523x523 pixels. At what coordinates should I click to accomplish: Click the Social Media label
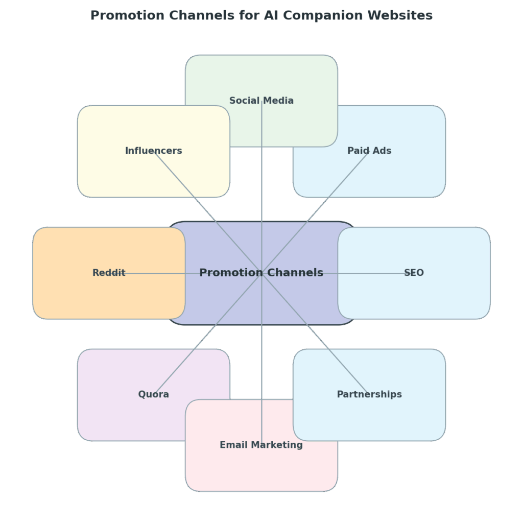(x=261, y=101)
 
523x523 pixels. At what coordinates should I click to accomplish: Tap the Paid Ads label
(x=369, y=151)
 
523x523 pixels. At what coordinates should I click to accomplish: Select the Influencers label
(x=153, y=151)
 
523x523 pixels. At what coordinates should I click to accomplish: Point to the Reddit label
(x=109, y=273)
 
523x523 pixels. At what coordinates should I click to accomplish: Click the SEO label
(x=414, y=273)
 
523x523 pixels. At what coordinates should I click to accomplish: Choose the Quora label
(x=153, y=394)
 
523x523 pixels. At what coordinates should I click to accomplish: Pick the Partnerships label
(x=369, y=394)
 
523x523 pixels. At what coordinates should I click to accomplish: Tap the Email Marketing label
(x=261, y=445)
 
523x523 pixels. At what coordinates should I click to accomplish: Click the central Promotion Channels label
(x=261, y=273)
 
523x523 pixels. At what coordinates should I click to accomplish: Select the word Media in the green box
(x=279, y=101)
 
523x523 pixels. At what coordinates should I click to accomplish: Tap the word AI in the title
(x=271, y=15)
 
